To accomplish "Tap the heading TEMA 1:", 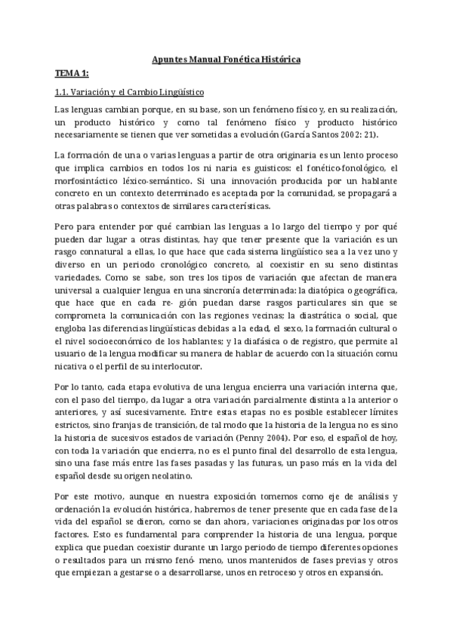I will click(72, 73).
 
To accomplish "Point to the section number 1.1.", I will click(63, 92).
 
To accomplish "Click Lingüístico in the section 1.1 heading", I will click(179, 92).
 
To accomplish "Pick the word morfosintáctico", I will click(93, 180).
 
